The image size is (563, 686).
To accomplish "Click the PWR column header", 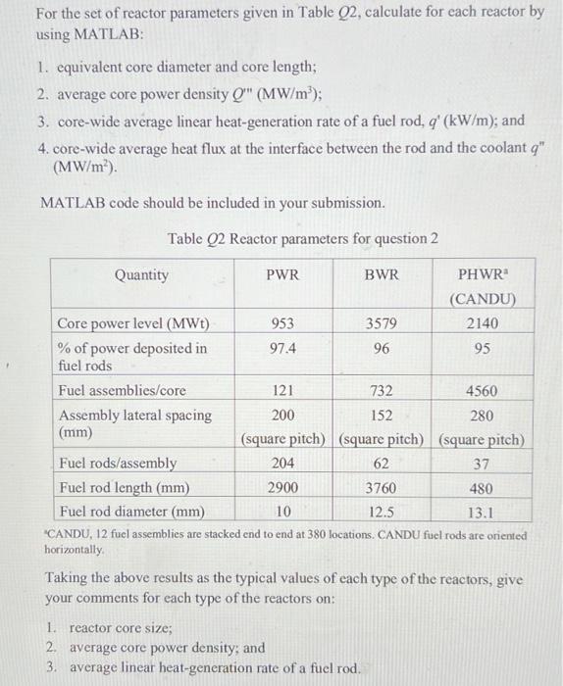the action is click(x=282, y=275).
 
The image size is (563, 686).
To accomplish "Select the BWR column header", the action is click(x=382, y=275).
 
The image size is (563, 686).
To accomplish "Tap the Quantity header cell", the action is click(x=141, y=275).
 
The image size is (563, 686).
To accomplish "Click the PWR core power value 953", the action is click(x=282, y=323).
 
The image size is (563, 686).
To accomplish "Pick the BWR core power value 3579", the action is click(x=382, y=323).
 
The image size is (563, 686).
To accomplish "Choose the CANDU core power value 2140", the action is click(x=484, y=323).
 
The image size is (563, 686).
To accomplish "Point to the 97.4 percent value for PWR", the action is click(x=282, y=348).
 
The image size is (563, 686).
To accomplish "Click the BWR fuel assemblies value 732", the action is click(x=382, y=390).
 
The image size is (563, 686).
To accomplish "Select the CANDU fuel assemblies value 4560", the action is click(x=484, y=390).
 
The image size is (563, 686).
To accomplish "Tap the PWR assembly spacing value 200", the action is click(x=282, y=415).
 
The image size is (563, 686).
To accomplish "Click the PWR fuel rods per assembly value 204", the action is click(x=282, y=463).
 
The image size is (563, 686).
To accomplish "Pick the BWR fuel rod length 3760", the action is click(x=382, y=487).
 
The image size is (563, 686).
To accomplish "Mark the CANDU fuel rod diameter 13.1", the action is click(x=484, y=511).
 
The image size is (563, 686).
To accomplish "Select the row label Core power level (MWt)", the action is click(x=132, y=323).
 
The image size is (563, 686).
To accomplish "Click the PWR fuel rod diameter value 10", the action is click(x=282, y=511).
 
